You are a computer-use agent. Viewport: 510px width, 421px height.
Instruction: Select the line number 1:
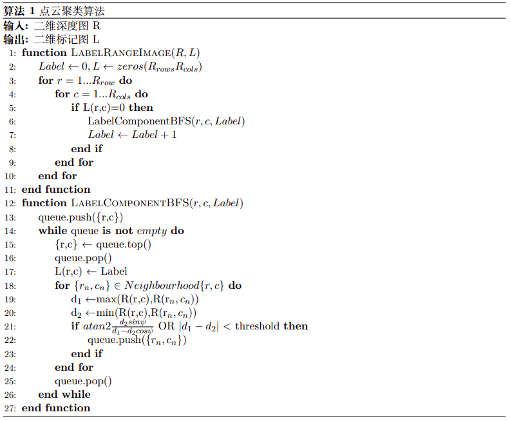[12, 53]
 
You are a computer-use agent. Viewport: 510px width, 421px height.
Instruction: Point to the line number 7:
[12, 135]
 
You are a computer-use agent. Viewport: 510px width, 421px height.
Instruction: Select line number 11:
[10, 190]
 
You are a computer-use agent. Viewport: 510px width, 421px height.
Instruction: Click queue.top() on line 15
[123, 244]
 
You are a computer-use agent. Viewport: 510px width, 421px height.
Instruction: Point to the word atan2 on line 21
[97, 326]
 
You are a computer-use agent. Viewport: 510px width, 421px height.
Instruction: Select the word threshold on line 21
[258, 326]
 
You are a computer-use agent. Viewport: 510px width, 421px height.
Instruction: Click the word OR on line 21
[166, 326]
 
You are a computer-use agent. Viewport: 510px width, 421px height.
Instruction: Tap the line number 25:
[10, 381]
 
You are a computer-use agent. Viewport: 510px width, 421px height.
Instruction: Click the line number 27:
[10, 408]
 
